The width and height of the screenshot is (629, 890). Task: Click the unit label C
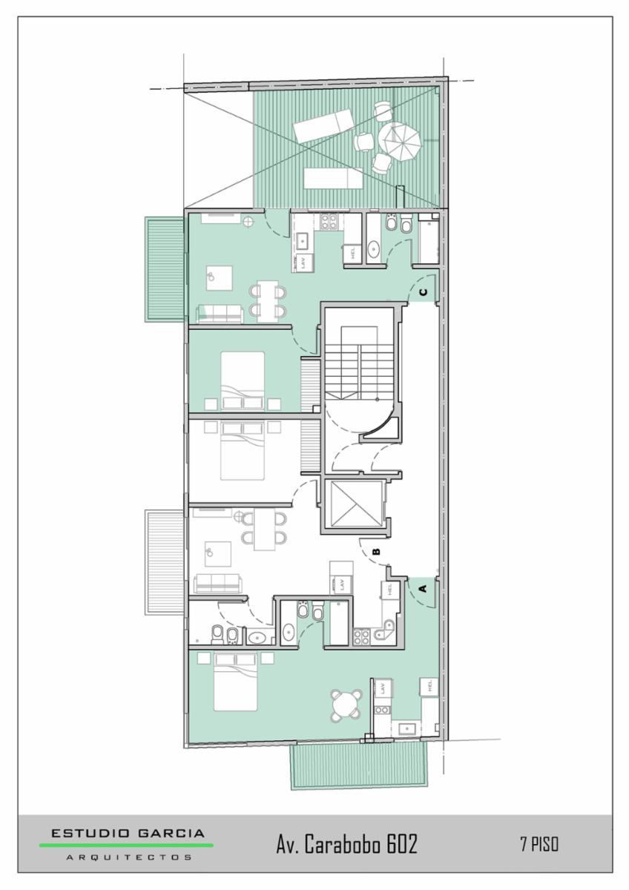[x=424, y=292]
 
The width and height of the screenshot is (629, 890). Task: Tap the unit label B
[x=376, y=552]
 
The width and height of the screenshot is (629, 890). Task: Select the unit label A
[x=423, y=587]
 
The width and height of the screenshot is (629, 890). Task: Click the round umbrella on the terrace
[x=399, y=142]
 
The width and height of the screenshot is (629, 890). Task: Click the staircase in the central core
[x=360, y=363]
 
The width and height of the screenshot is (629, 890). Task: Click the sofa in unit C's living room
[x=220, y=313]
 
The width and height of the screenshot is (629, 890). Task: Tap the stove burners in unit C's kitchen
[x=329, y=222]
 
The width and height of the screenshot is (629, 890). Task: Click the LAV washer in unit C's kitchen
[x=305, y=263]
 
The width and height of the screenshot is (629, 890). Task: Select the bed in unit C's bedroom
[x=243, y=380]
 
